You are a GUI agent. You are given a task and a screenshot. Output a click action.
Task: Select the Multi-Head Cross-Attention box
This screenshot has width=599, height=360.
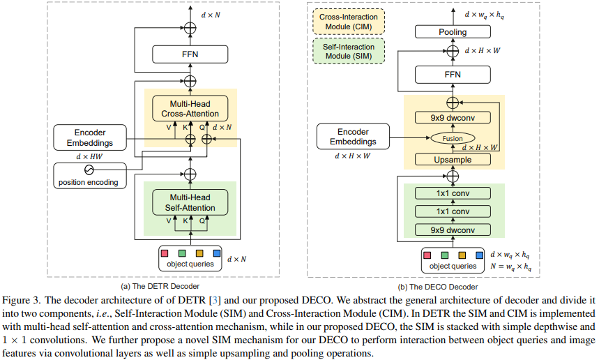pos(189,108)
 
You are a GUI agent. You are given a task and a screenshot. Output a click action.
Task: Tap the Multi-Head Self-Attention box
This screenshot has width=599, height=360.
pos(189,202)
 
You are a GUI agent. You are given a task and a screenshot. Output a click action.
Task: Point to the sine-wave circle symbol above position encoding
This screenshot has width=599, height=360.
pos(89,170)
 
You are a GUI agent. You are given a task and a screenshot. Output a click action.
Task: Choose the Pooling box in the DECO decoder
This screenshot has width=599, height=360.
pos(453,31)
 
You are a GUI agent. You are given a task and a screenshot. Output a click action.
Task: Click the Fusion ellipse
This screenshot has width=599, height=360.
pos(453,139)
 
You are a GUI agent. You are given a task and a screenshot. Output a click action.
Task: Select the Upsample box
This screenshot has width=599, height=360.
pos(453,159)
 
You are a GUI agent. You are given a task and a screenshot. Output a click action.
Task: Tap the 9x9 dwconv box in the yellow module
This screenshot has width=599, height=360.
pos(453,118)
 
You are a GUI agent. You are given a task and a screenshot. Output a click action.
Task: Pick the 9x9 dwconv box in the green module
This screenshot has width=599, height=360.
pos(453,229)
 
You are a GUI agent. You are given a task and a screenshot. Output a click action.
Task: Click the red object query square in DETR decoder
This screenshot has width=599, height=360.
pos(165,253)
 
